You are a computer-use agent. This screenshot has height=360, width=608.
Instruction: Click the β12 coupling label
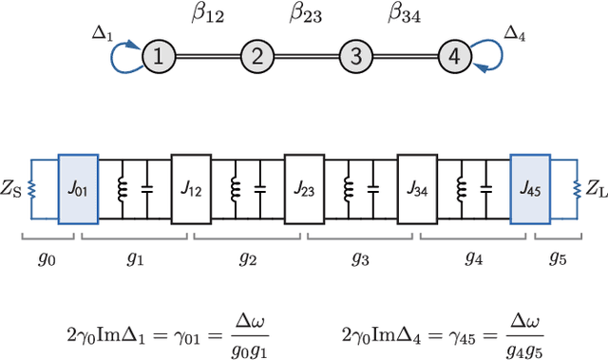208,14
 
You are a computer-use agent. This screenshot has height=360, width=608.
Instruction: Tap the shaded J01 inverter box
79,189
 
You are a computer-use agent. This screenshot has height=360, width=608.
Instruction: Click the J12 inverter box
191,189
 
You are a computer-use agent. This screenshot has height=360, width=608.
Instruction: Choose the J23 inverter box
304,189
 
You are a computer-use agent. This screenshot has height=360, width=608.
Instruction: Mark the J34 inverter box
417,189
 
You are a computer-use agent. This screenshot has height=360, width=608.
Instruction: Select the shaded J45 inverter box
530,189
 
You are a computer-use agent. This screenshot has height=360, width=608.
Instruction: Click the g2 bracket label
248,258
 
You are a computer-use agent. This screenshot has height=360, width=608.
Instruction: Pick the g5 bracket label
556,258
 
